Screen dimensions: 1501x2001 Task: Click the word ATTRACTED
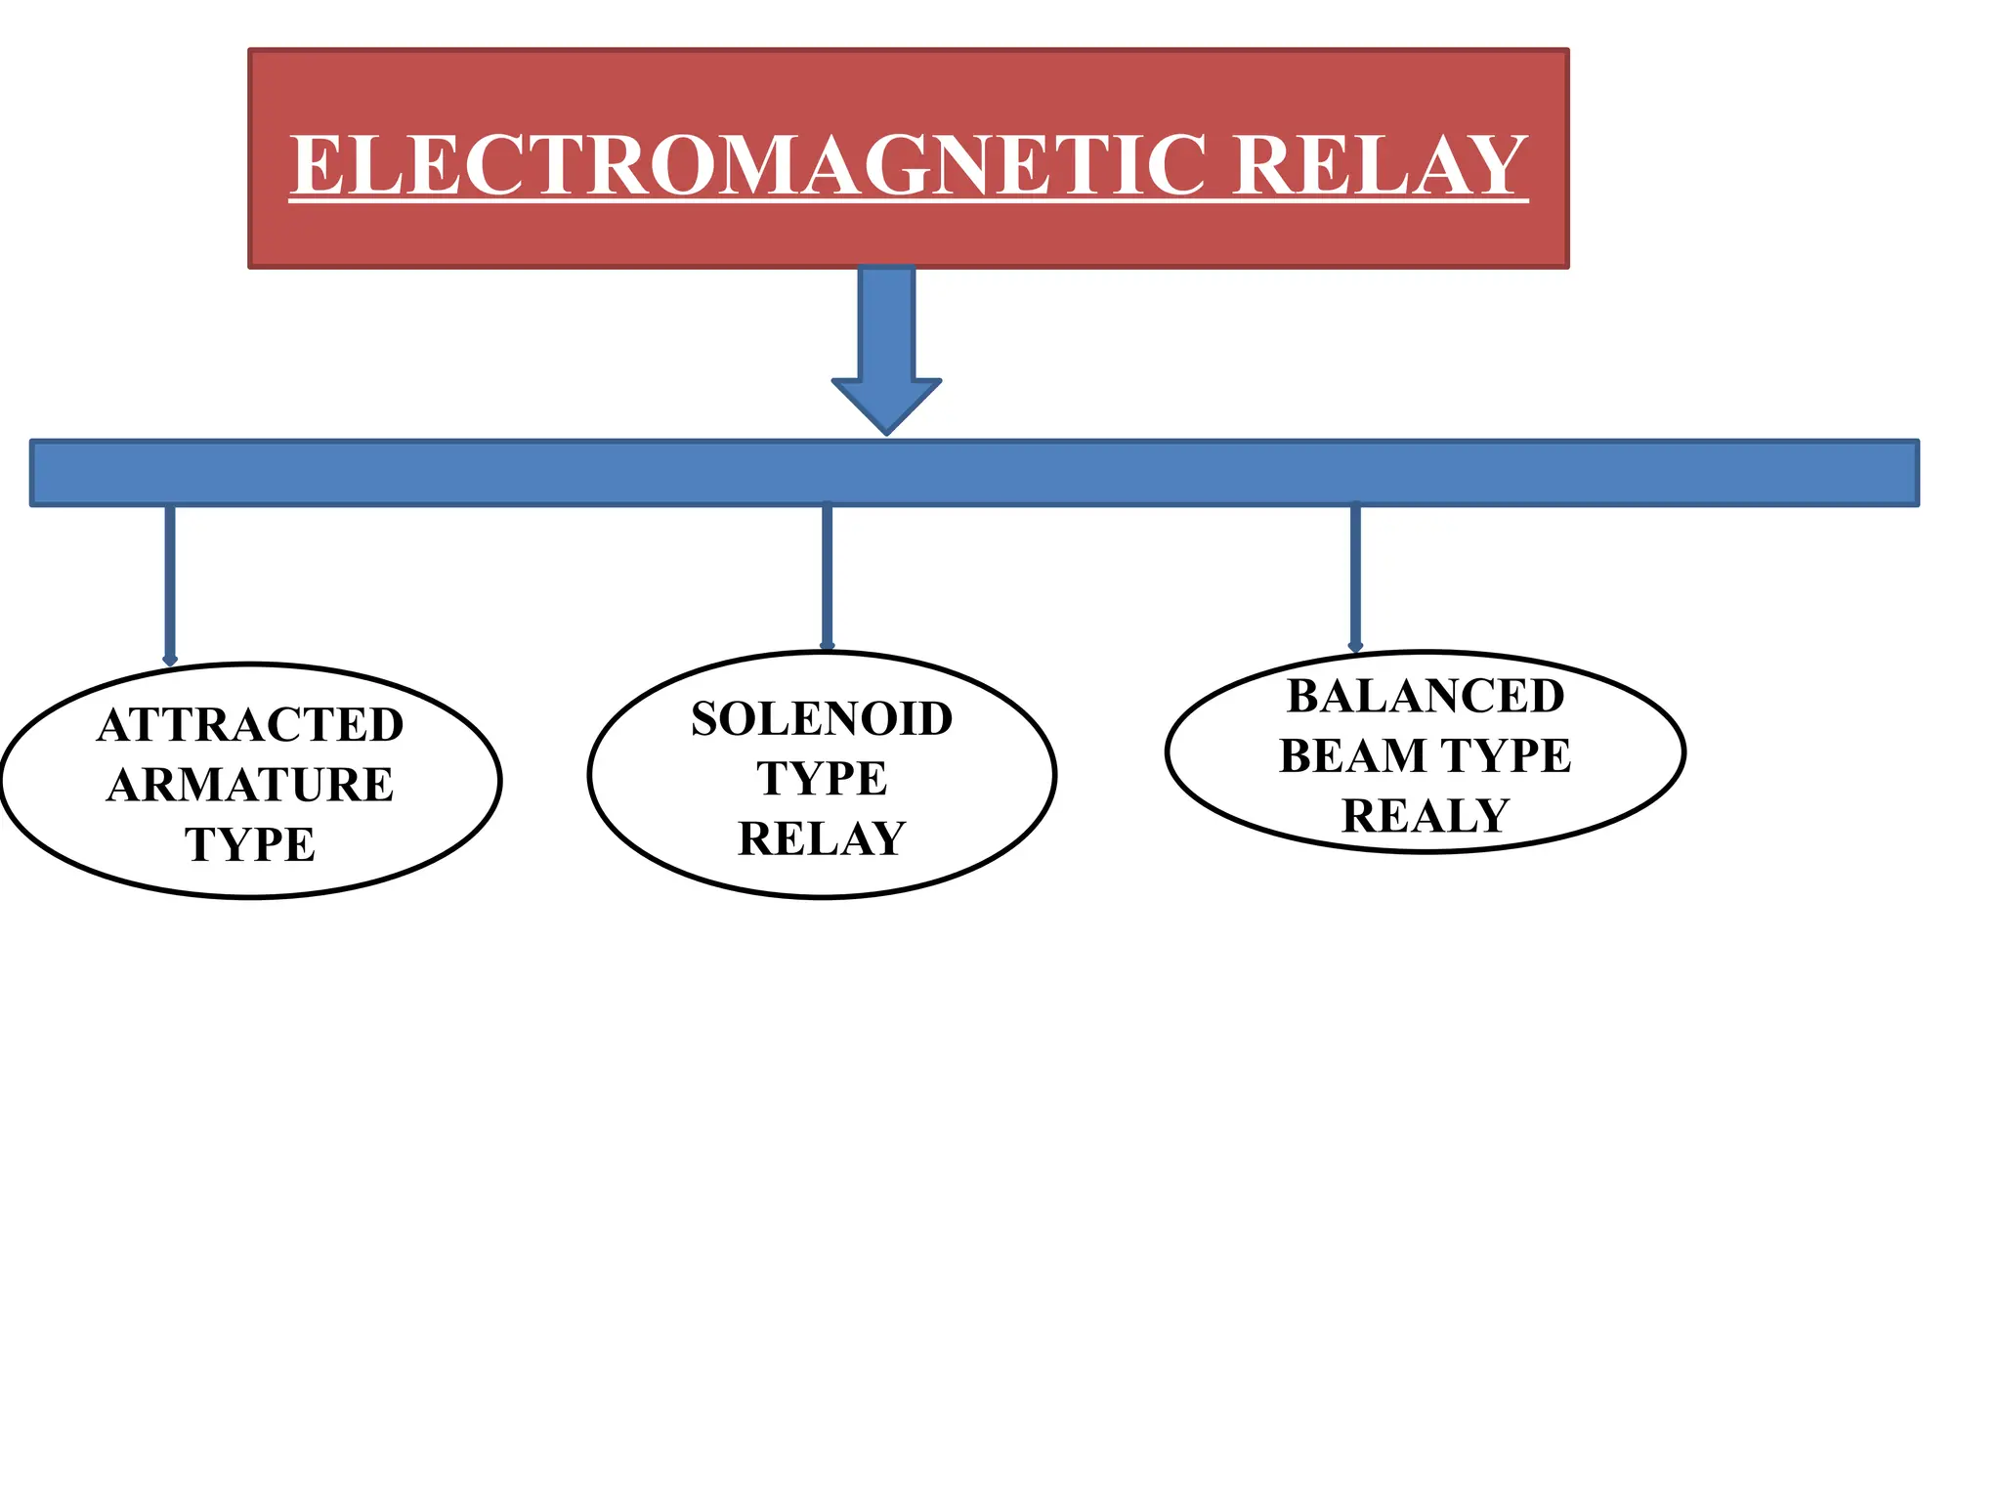(x=250, y=725)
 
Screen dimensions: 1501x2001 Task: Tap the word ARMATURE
(x=250, y=785)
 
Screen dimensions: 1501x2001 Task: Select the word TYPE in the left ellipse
(x=250, y=844)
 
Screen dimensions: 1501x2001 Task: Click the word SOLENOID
(x=822, y=719)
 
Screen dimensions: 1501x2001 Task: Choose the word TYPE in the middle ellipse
(x=822, y=779)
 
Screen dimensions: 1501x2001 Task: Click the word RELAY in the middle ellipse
(x=822, y=838)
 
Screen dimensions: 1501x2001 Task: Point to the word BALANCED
(x=1426, y=697)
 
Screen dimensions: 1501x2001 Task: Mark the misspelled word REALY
(x=1426, y=816)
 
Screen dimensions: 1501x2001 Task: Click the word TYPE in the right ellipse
(x=1506, y=756)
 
